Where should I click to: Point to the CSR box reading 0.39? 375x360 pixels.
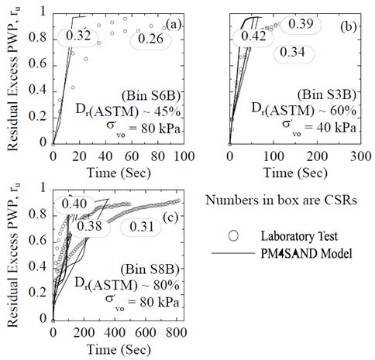[301, 24]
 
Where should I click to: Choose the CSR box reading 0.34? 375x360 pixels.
[292, 53]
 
